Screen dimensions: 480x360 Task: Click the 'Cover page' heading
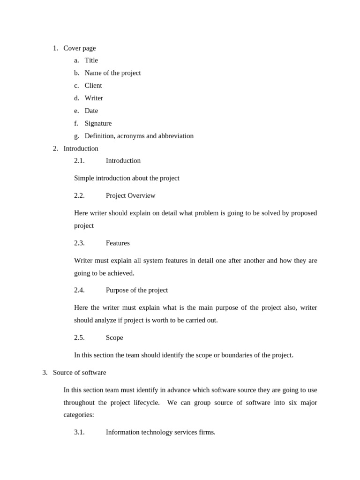[79, 48]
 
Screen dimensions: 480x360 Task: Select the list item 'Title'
[91, 60]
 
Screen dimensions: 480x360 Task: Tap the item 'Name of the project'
[112, 73]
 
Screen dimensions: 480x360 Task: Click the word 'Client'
[93, 85]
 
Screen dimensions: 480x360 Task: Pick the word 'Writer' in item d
[94, 98]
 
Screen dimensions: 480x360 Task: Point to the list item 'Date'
[91, 111]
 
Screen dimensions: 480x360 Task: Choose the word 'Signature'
[98, 123]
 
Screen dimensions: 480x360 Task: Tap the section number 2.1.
[79, 160]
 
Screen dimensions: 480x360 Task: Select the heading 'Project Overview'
[130, 195]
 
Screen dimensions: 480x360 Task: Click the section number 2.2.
[79, 195]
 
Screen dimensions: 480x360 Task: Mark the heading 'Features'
[118, 243]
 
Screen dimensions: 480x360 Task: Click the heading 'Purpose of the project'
[137, 290]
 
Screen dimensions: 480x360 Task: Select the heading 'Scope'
[114, 337]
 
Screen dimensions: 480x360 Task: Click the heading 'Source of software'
[79, 372]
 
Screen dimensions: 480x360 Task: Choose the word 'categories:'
[79, 414]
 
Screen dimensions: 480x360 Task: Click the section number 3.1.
[79, 432]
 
